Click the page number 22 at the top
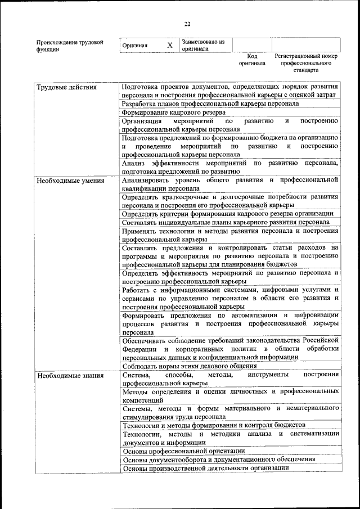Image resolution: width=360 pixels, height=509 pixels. point(187,23)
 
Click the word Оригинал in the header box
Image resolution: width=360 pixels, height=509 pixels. point(134,46)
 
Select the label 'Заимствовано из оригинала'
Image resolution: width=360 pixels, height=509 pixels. point(202,45)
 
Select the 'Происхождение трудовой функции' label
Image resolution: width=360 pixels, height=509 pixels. point(70,46)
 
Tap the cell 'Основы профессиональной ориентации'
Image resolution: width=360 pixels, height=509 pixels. point(183,451)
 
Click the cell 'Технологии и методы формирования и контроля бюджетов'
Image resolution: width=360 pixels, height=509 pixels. point(214,425)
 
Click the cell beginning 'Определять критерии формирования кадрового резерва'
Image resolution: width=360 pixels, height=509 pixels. point(228,214)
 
